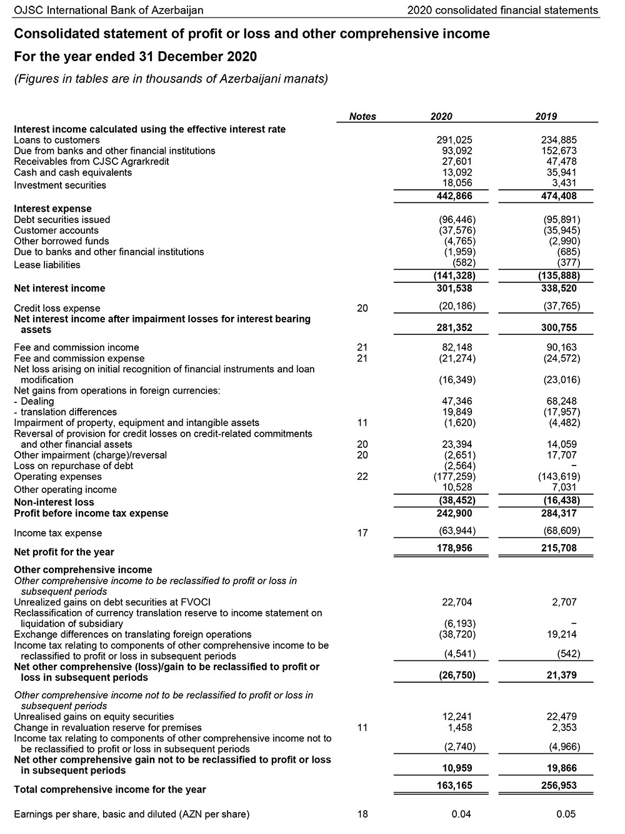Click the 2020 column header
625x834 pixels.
tap(441, 116)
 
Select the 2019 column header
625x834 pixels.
tap(546, 116)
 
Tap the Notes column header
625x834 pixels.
tap(362, 116)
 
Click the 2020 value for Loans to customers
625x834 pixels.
tap(454, 140)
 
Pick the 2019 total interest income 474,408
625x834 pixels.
tap(559, 196)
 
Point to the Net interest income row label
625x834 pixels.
tap(59, 289)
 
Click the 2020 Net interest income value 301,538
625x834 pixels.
tap(454, 289)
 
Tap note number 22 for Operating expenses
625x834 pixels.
tap(362, 477)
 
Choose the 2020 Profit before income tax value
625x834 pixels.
tap(454, 514)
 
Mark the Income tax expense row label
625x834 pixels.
tap(57, 534)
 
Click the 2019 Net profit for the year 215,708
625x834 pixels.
tap(559, 549)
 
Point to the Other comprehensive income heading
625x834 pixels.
tap(82, 570)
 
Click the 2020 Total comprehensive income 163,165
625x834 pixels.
tap(454, 786)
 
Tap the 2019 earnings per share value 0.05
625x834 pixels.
tap(566, 814)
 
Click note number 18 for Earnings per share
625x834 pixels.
tap(362, 814)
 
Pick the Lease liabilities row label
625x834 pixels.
tap(47, 265)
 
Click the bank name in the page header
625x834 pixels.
tap(108, 10)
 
